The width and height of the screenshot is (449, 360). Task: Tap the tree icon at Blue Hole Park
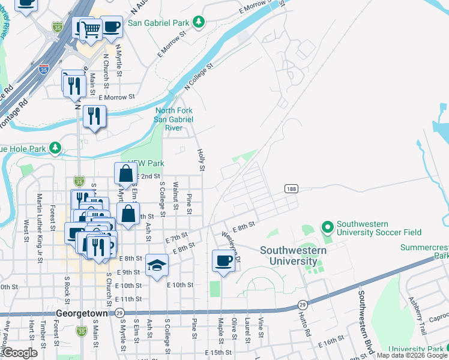pyautogui.click(x=55, y=147)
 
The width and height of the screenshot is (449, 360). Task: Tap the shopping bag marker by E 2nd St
pyautogui.click(x=126, y=173)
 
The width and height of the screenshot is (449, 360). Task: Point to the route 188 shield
pyautogui.click(x=291, y=189)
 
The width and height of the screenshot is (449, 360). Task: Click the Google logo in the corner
pyautogui.click(x=20, y=353)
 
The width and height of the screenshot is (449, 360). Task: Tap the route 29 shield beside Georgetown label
pyautogui.click(x=120, y=313)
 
